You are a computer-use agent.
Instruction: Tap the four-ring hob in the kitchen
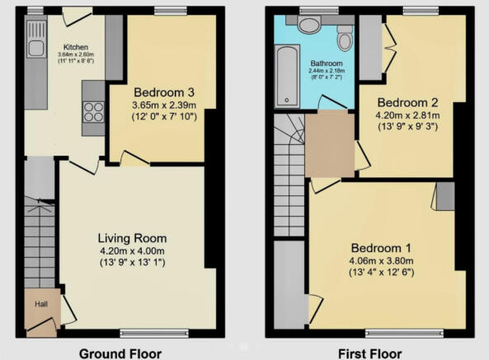click(93, 112)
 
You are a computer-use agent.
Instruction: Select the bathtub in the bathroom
click(287, 76)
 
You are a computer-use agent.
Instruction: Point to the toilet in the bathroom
click(345, 38)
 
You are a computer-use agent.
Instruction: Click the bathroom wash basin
click(309, 24)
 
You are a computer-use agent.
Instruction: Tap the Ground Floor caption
click(120, 353)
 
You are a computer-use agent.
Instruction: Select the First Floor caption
click(370, 353)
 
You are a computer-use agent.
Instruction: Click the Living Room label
click(132, 238)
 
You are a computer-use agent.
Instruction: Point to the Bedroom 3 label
click(164, 92)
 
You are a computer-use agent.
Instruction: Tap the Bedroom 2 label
click(407, 102)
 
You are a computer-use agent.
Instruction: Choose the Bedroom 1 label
click(381, 248)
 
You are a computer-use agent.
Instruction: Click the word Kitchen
click(76, 47)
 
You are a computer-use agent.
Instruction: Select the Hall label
click(41, 304)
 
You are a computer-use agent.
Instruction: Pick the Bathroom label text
click(327, 63)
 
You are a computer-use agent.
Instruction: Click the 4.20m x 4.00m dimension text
click(132, 250)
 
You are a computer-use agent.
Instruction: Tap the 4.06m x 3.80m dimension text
click(381, 260)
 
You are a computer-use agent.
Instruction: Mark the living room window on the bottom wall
click(154, 334)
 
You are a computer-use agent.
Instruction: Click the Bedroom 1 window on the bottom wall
click(405, 334)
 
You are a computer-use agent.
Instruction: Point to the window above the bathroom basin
click(319, 11)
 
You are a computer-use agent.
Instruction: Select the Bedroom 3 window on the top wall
click(170, 11)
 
